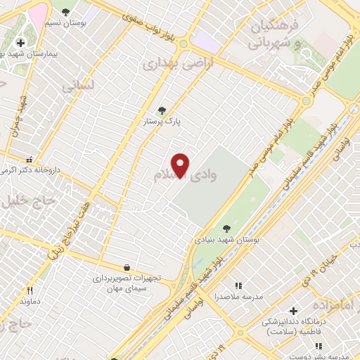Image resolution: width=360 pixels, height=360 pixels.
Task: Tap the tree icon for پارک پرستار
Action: (162, 110)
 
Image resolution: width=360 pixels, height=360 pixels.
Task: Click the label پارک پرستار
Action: (162, 122)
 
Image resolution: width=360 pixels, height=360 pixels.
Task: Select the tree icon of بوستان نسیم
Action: (66, 12)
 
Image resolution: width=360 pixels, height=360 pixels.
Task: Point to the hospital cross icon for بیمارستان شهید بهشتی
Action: (20, 43)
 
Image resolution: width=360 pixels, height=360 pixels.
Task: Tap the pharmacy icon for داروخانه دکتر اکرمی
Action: (30, 160)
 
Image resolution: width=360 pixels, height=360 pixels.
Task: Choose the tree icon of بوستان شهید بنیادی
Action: (226, 228)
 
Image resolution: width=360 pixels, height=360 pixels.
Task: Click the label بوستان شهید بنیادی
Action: (226, 240)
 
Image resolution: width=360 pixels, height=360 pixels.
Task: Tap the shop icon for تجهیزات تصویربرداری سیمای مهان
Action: (127, 267)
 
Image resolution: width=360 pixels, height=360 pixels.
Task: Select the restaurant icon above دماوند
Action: (30, 290)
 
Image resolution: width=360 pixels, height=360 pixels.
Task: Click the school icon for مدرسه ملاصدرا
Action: (238, 285)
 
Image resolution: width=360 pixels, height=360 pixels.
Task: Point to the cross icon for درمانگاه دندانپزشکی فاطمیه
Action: (292, 310)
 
